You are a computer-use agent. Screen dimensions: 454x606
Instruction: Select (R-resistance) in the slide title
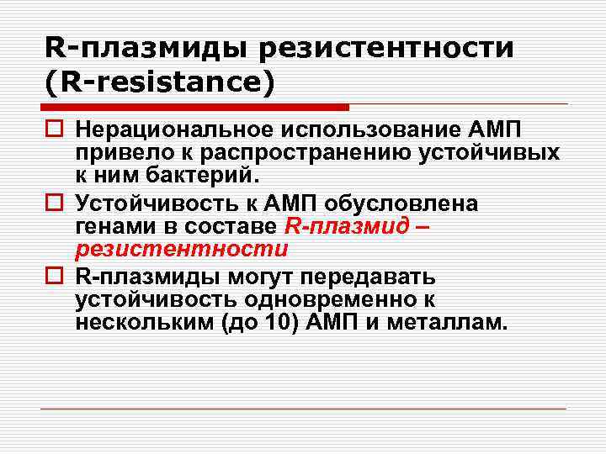[161, 83]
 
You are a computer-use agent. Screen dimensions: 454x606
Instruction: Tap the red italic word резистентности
[181, 250]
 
